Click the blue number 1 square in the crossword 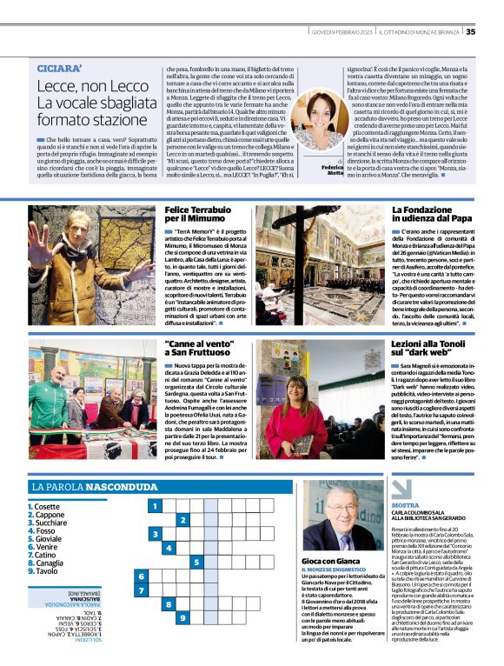154,505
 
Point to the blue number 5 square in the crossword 197,562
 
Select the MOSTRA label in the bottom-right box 405,504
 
